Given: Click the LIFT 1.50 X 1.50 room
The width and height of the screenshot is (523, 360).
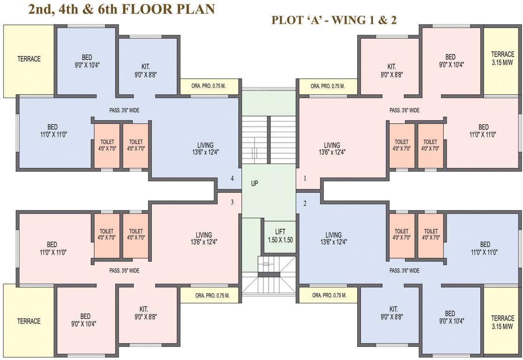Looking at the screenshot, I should pyautogui.click(x=280, y=235).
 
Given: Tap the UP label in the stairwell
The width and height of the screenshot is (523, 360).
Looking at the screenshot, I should pyautogui.click(x=254, y=184).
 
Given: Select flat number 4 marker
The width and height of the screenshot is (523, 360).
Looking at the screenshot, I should pyautogui.click(x=232, y=179).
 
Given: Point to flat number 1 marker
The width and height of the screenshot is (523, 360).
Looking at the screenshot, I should pyautogui.click(x=305, y=179).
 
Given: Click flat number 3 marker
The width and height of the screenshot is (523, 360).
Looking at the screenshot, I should pyautogui.click(x=232, y=202).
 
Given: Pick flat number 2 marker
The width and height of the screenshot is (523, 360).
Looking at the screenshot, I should pyautogui.click(x=305, y=203).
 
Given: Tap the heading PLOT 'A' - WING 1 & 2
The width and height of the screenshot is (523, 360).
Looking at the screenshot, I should pyautogui.click(x=334, y=20).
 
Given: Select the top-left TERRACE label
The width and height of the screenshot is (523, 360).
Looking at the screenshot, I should pyautogui.click(x=29, y=59).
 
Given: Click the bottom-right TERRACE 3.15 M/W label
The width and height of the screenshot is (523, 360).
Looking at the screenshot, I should pyautogui.click(x=502, y=322).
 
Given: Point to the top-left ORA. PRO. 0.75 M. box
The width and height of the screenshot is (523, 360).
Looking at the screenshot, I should pyautogui.click(x=209, y=86).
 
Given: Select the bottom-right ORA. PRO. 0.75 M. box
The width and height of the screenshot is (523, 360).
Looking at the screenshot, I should pyautogui.click(x=329, y=295).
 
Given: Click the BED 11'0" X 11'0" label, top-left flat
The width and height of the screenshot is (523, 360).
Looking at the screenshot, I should pyautogui.click(x=52, y=130).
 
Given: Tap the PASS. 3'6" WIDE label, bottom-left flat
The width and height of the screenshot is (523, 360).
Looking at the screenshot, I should pyautogui.click(x=124, y=270).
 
